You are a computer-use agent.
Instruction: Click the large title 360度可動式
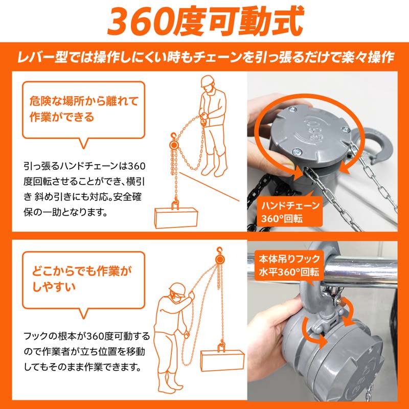204,21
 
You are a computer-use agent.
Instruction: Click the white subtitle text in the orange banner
204,57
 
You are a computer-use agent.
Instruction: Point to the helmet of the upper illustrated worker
207,82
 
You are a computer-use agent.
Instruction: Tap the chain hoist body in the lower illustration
221,260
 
